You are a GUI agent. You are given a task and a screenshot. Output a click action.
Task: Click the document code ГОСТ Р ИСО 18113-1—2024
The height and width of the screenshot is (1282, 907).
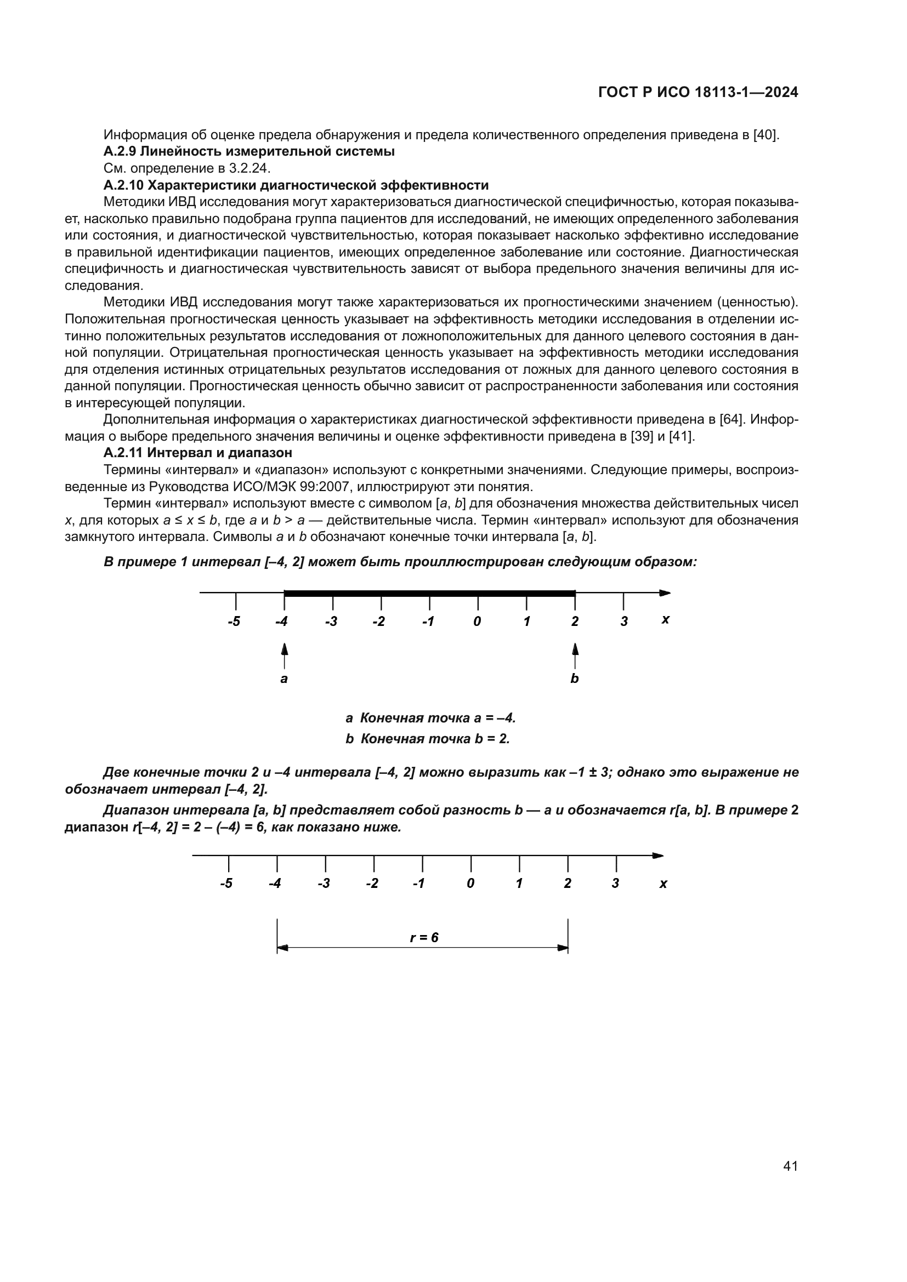tap(698, 93)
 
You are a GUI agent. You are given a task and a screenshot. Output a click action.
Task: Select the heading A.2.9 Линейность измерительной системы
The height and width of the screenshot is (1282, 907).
tap(249, 151)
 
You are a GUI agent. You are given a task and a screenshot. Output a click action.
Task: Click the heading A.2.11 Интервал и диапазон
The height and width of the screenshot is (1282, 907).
tap(198, 452)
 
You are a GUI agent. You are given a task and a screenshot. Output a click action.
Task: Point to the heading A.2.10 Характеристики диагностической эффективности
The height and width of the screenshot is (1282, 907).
tap(296, 185)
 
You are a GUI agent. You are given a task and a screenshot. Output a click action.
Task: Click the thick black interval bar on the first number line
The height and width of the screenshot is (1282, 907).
tap(429, 593)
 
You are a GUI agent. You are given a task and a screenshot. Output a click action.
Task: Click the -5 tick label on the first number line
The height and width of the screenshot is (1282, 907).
tap(234, 622)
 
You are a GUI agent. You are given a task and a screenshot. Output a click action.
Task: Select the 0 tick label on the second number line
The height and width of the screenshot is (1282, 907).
tap(471, 884)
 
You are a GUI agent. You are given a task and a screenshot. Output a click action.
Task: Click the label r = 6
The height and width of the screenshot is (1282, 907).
tap(424, 937)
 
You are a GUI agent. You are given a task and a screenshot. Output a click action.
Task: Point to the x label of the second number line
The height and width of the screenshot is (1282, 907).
tap(663, 884)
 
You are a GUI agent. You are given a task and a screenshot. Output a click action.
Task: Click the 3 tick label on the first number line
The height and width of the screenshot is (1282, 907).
tap(624, 622)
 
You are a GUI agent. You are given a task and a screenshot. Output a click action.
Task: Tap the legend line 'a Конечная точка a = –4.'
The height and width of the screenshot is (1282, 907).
tap(430, 717)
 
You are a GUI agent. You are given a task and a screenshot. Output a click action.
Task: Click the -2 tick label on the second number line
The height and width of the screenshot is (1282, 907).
tap(372, 884)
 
